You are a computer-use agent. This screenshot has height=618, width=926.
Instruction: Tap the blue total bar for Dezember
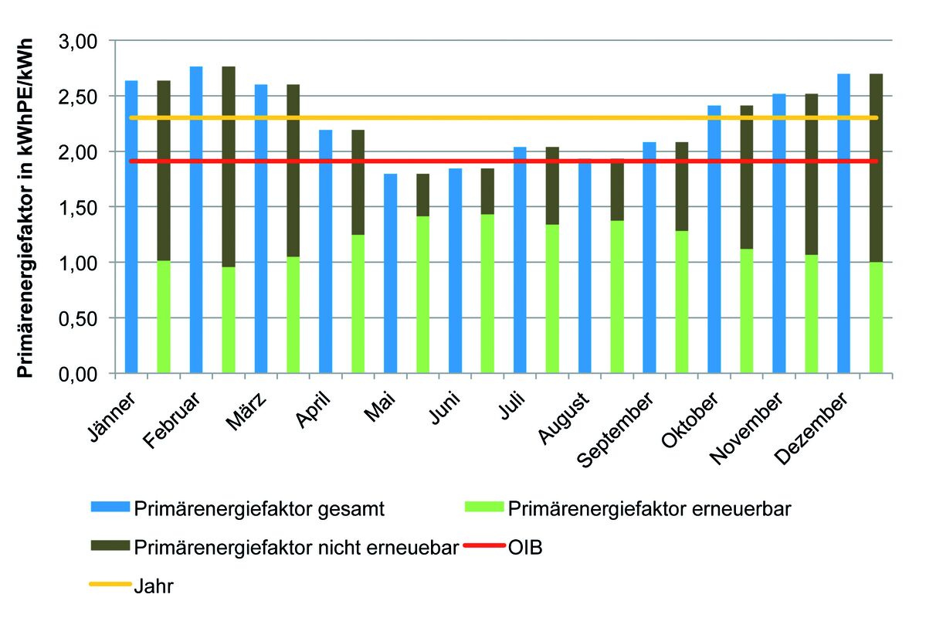[x=844, y=224]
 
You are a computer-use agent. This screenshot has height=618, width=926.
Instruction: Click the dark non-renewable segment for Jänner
[x=164, y=171]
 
